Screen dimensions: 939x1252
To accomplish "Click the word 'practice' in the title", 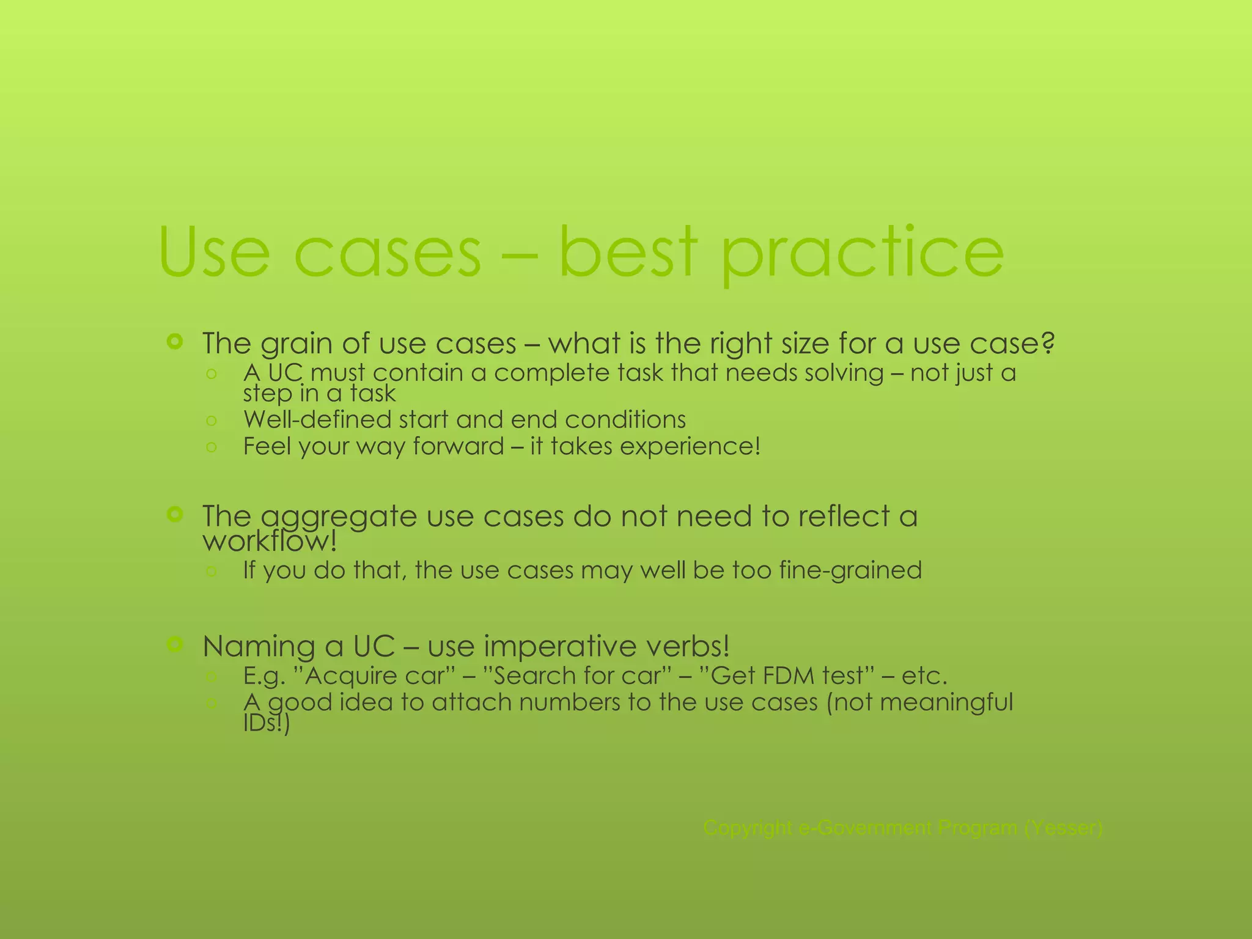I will [x=862, y=254].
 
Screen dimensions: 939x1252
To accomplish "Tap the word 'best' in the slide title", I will [x=628, y=252].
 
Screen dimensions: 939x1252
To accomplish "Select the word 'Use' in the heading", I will [x=213, y=252].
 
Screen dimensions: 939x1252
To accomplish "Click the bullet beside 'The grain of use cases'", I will [x=175, y=342].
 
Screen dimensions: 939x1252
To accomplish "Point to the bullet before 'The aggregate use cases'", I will [x=175, y=515].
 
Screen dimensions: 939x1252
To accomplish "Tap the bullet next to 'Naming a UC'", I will [x=175, y=644].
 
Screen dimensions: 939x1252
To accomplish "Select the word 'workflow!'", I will [x=270, y=541].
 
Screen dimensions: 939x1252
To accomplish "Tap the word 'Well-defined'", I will [x=308, y=419].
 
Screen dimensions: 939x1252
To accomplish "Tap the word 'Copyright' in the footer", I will [x=748, y=828].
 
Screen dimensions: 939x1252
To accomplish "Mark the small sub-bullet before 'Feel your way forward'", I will [x=212, y=447].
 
